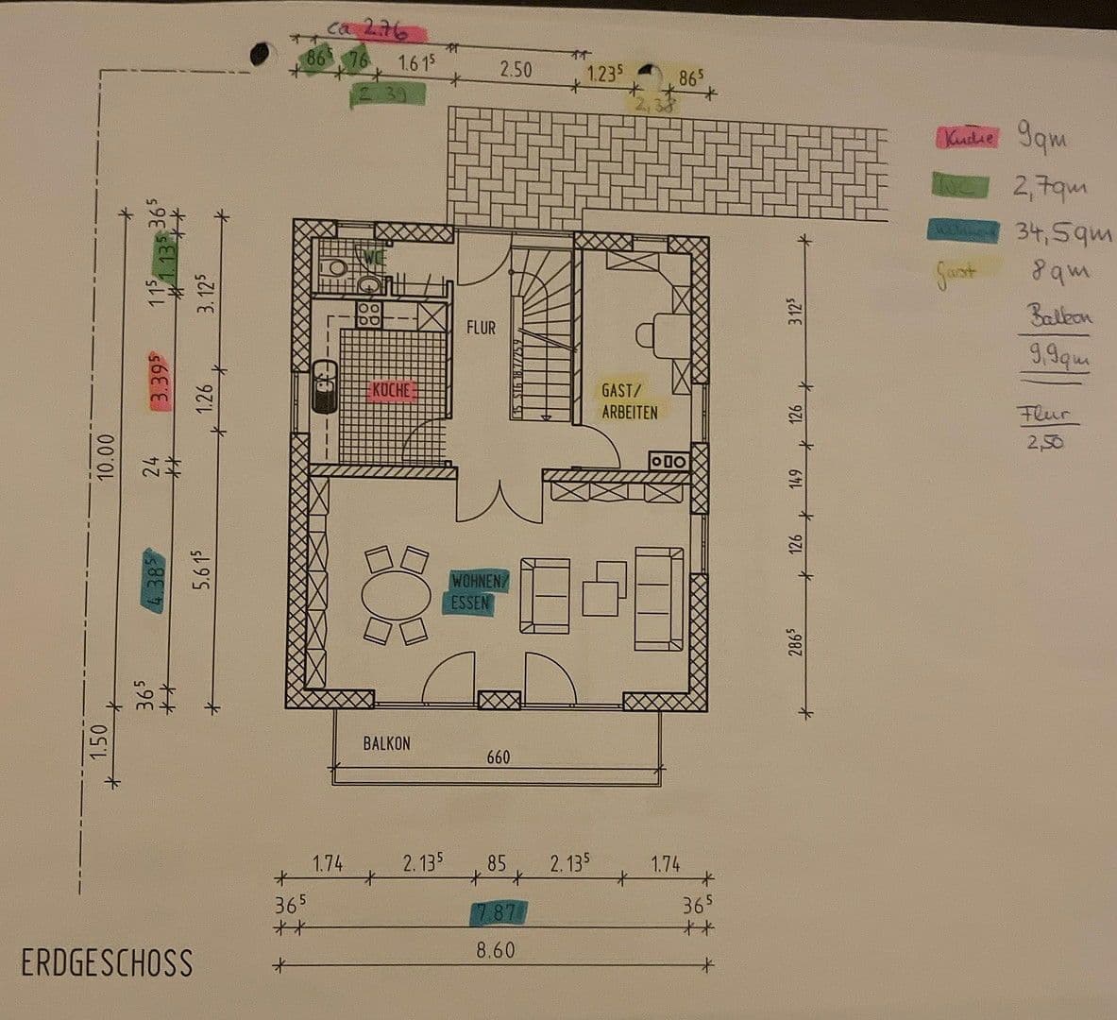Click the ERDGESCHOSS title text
107,963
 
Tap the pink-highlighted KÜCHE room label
391,391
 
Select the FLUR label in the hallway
481,328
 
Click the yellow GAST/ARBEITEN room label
630,400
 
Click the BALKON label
387,743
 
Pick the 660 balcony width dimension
499,757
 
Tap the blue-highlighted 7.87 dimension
498,912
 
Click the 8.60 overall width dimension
496,950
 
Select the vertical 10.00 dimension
106,456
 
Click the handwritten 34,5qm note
1063,232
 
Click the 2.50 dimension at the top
516,69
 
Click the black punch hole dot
259,54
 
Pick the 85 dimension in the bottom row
496,862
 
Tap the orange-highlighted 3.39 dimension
160,380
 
